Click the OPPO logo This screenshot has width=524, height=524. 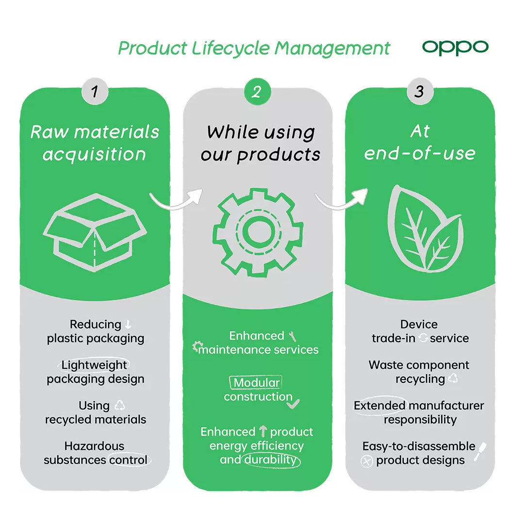point(455,48)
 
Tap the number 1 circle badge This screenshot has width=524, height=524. point(95,91)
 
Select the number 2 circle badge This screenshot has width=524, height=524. point(257,92)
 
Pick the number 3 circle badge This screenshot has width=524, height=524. point(420,91)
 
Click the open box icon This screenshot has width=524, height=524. point(95,232)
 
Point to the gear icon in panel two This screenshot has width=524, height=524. point(258,232)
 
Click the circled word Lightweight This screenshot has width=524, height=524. point(94,364)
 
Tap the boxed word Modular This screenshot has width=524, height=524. point(256,382)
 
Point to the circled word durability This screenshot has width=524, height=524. point(271,460)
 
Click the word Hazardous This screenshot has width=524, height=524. point(94,446)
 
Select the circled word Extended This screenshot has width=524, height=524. point(379,405)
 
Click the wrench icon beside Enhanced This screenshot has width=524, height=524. point(293,336)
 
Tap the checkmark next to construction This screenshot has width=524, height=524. point(293,404)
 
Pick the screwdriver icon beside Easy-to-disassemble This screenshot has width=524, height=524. point(480,452)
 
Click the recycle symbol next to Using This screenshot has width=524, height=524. point(119,405)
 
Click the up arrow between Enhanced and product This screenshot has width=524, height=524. point(263,431)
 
